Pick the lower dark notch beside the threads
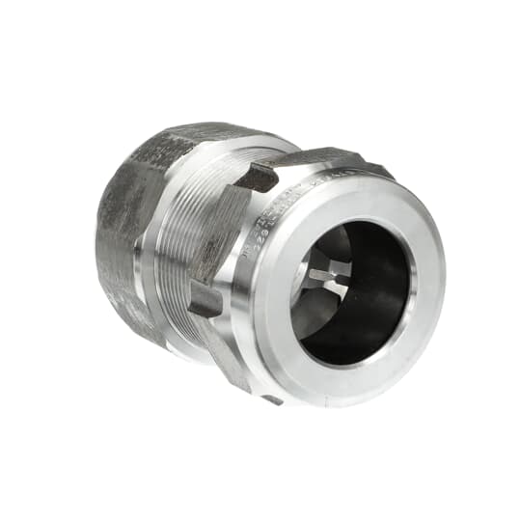click(206, 298)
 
